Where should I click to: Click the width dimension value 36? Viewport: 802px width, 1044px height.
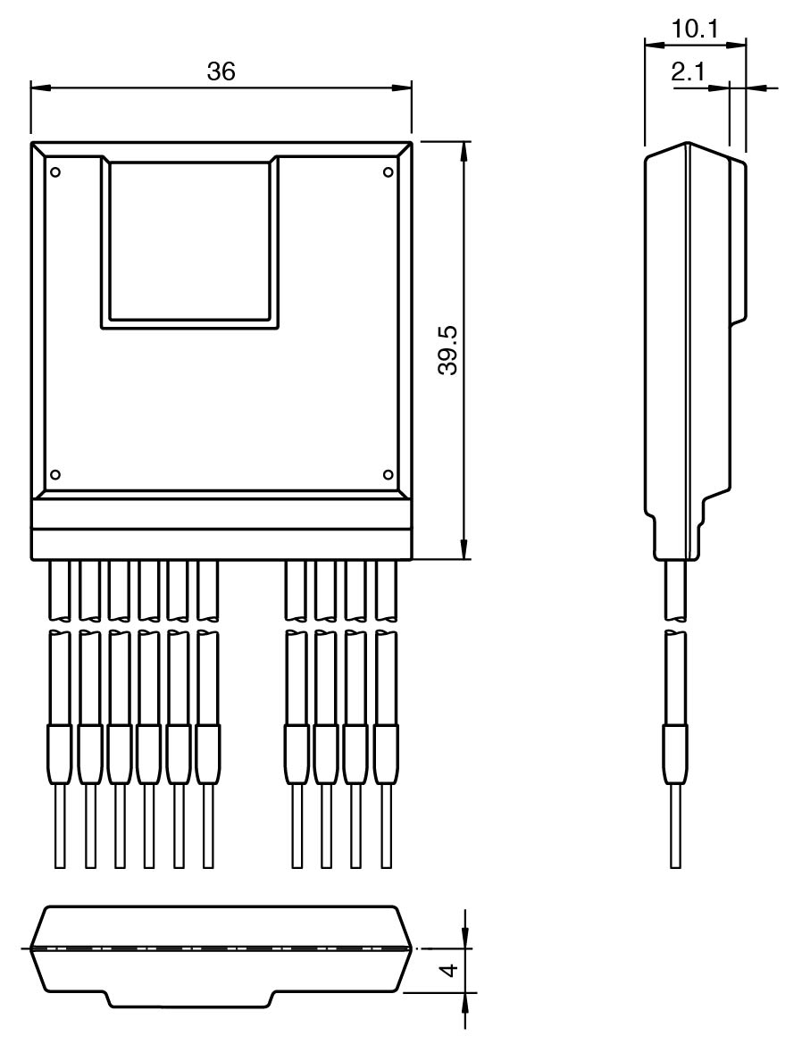(221, 71)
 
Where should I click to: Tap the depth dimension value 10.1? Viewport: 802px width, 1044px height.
(695, 29)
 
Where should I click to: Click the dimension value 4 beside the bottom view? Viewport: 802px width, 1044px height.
(450, 970)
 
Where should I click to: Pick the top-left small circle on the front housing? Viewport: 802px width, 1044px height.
(56, 172)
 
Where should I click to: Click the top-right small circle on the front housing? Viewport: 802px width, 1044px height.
(388, 172)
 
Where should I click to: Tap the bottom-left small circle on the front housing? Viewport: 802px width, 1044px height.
(56, 474)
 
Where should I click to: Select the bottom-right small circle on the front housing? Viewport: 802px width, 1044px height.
(388, 474)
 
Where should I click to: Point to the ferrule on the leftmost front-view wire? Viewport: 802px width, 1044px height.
(60, 755)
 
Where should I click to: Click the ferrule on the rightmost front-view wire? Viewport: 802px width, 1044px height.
(386, 755)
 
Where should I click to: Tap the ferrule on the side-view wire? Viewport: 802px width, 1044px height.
(676, 755)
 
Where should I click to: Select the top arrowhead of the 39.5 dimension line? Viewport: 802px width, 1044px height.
(464, 152)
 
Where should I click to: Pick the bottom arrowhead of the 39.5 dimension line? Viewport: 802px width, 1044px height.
(464, 548)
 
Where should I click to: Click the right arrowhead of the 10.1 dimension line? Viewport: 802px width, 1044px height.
(735, 45)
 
